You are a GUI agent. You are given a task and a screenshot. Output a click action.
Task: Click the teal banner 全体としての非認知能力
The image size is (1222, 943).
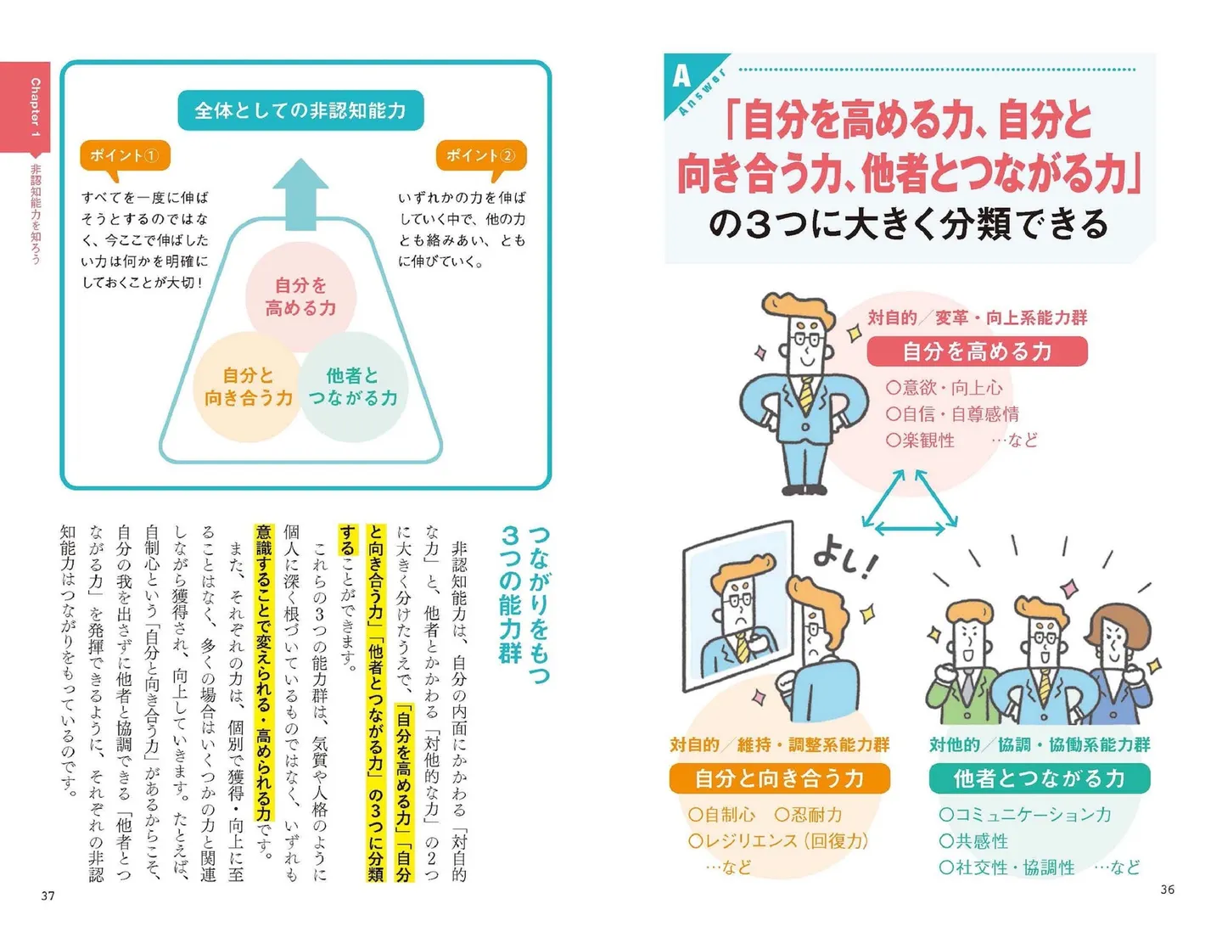click(300, 110)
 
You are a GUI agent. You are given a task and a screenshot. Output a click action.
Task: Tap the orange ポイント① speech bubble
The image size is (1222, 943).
click(125, 156)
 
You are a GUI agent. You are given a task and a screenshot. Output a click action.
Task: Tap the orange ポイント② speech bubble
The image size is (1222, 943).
click(481, 156)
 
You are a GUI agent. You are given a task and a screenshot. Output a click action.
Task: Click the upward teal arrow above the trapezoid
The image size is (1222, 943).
click(300, 194)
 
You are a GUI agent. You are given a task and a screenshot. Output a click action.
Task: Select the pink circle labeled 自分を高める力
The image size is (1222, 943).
click(300, 297)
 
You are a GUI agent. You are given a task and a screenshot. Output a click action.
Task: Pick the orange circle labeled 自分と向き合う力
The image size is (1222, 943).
click(248, 387)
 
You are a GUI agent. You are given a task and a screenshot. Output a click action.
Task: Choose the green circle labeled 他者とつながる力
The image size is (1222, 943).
click(353, 387)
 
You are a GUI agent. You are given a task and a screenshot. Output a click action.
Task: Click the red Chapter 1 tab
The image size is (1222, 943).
click(25, 108)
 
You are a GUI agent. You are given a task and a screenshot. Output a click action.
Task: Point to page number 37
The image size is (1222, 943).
click(48, 895)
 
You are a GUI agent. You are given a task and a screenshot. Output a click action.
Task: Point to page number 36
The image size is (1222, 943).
click(1168, 889)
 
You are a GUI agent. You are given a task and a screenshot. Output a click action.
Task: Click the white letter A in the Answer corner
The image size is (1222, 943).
click(681, 76)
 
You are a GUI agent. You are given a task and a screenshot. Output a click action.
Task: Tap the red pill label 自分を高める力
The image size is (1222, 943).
click(977, 351)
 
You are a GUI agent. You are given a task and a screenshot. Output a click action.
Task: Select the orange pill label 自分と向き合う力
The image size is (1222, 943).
click(779, 778)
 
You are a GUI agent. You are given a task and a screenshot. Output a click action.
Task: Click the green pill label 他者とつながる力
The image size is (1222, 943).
click(1040, 778)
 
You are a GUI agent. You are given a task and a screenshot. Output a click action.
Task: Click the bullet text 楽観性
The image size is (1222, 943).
click(928, 440)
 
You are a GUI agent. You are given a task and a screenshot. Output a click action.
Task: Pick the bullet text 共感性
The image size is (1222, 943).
click(981, 840)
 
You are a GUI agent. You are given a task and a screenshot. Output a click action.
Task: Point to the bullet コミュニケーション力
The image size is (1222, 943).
click(1033, 814)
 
